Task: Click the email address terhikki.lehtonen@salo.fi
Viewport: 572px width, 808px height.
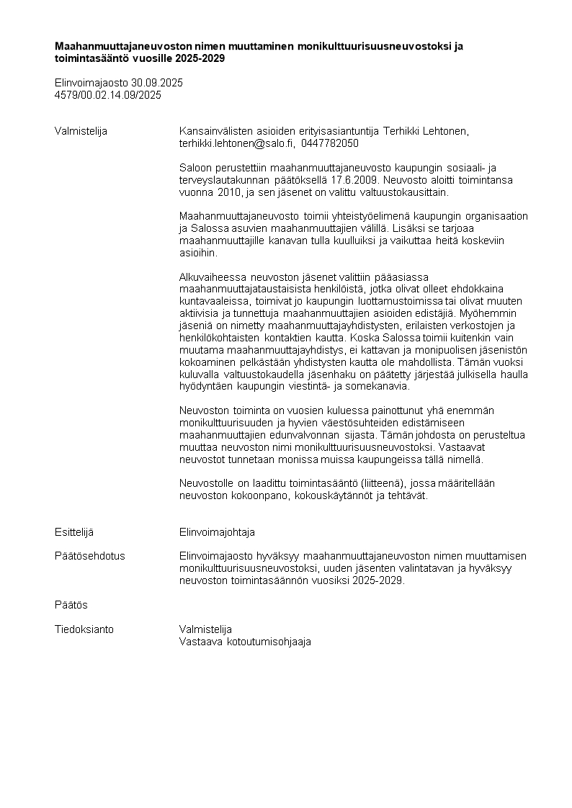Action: (237, 143)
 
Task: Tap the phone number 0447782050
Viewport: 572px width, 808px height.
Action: (330, 143)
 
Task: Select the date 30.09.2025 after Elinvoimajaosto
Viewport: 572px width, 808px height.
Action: (157, 83)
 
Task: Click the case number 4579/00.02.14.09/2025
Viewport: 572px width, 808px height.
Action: (108, 94)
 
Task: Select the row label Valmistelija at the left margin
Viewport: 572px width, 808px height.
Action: (81, 131)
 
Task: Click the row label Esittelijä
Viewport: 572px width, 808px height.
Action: (74, 532)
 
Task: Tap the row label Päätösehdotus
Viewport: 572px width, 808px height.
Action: (90, 556)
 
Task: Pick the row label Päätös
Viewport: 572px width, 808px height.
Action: (71, 605)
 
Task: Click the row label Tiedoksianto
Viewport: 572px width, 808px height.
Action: (84, 629)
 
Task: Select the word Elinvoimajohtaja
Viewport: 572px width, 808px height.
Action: (217, 532)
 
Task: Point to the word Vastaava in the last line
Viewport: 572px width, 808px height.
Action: (200, 642)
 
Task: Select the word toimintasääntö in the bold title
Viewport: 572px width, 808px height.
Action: (89, 58)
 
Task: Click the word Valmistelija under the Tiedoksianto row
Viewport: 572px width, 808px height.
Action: (205, 629)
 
